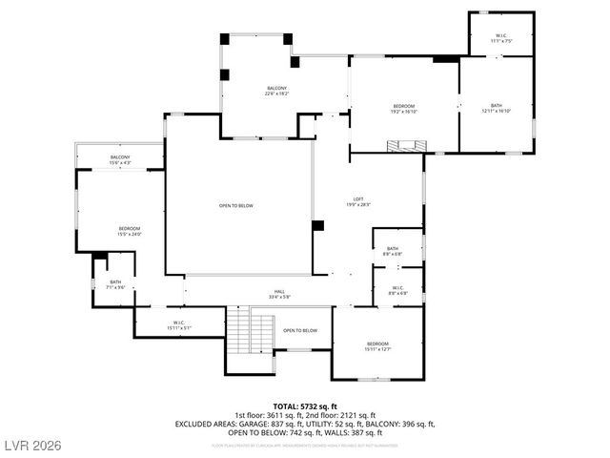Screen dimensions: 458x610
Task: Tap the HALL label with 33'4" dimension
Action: [x=280, y=295]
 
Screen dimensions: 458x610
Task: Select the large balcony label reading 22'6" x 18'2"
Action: [x=276, y=92]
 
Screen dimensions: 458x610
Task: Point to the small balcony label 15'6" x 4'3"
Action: [x=120, y=160]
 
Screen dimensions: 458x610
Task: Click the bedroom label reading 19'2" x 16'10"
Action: [x=404, y=108]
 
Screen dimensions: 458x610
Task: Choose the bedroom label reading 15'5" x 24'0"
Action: [x=130, y=231]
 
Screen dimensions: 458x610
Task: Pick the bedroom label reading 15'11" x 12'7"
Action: [x=378, y=346]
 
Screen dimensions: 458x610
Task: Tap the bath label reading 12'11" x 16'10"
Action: [x=497, y=108]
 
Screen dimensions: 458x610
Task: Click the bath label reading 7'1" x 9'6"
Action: [x=115, y=284]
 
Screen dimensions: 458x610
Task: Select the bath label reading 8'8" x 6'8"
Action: [x=393, y=251]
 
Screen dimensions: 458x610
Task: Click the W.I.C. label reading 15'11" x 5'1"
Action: [x=178, y=325]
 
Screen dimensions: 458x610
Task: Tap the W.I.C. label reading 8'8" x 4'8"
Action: [x=397, y=291]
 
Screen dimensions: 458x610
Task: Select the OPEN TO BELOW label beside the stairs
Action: [x=300, y=330]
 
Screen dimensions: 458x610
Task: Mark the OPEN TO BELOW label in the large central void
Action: [x=236, y=205]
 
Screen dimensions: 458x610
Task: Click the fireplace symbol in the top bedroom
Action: [x=404, y=146]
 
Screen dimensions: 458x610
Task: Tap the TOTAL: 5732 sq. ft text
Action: [x=305, y=406]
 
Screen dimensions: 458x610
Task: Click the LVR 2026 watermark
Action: [x=33, y=445]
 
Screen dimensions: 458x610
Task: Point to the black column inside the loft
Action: [x=318, y=226]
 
